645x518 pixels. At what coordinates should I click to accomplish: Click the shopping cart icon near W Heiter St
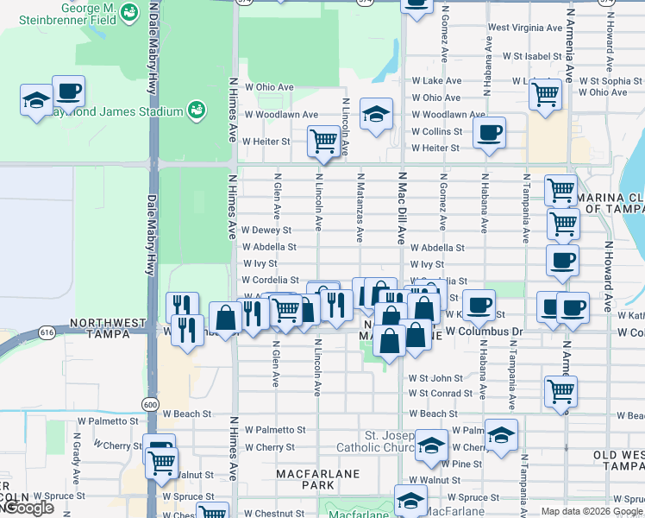tap(323, 140)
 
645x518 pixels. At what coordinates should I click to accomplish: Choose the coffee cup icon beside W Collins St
tap(489, 132)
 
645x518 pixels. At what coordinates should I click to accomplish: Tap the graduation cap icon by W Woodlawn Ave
tap(376, 114)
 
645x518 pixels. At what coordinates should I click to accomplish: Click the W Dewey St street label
tap(266, 231)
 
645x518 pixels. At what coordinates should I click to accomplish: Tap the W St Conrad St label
tap(441, 393)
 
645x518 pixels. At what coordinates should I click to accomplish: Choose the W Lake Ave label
tap(436, 80)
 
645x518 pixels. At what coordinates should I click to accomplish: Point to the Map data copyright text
tap(592, 511)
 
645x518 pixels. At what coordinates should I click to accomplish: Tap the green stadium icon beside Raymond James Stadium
tap(196, 110)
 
